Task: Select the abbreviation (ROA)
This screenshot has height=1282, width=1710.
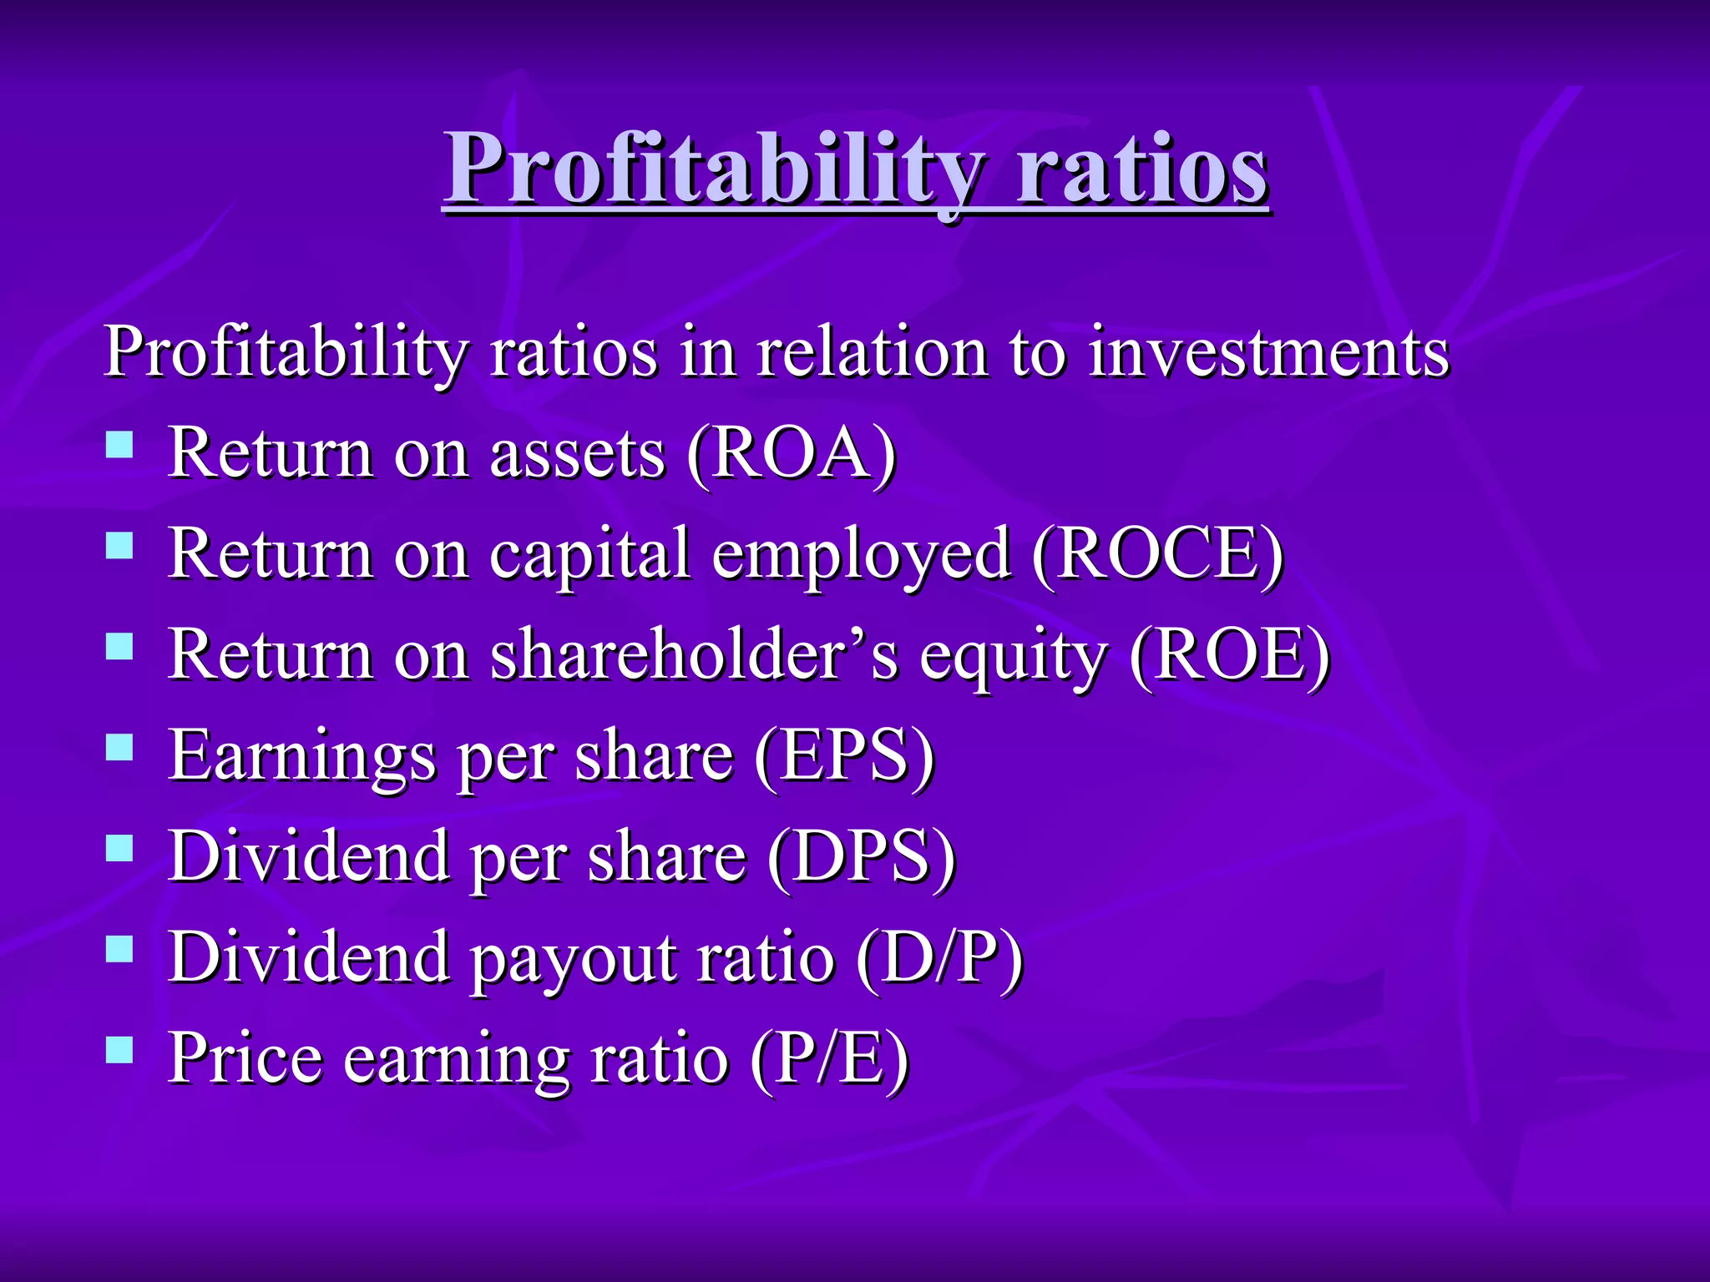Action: pos(792,454)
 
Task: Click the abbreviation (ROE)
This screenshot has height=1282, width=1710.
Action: pos(1229,655)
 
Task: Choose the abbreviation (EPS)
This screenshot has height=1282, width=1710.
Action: pos(844,756)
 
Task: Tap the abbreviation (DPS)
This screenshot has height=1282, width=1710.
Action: pos(861,857)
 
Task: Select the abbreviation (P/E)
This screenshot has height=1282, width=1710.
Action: pos(829,1058)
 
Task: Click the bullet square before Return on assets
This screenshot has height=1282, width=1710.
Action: pos(120,445)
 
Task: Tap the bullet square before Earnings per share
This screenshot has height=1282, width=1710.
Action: pos(120,747)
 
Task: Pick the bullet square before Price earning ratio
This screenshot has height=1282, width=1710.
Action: pos(120,1049)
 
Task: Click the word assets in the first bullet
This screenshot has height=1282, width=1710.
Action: pos(578,456)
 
